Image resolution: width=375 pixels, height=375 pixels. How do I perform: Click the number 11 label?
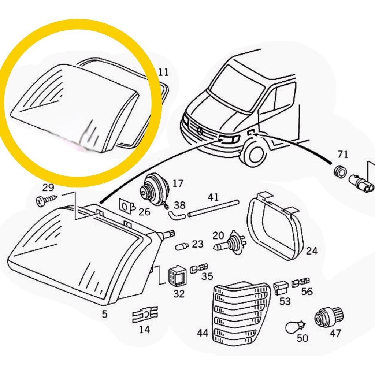(164, 72)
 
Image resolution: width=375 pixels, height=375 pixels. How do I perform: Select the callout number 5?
(104, 314)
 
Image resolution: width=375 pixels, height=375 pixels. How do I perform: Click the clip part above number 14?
(145, 314)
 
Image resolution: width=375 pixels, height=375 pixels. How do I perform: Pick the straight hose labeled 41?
(214, 208)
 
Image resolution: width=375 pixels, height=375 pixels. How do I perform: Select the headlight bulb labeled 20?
(230, 243)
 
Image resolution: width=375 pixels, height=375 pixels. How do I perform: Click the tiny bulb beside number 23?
(182, 246)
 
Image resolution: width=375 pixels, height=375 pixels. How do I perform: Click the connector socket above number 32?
(177, 276)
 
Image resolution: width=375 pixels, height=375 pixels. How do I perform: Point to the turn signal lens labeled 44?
(240, 313)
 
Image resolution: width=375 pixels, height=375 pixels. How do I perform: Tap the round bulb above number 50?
(296, 327)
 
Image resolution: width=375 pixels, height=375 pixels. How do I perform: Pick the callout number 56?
(307, 291)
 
